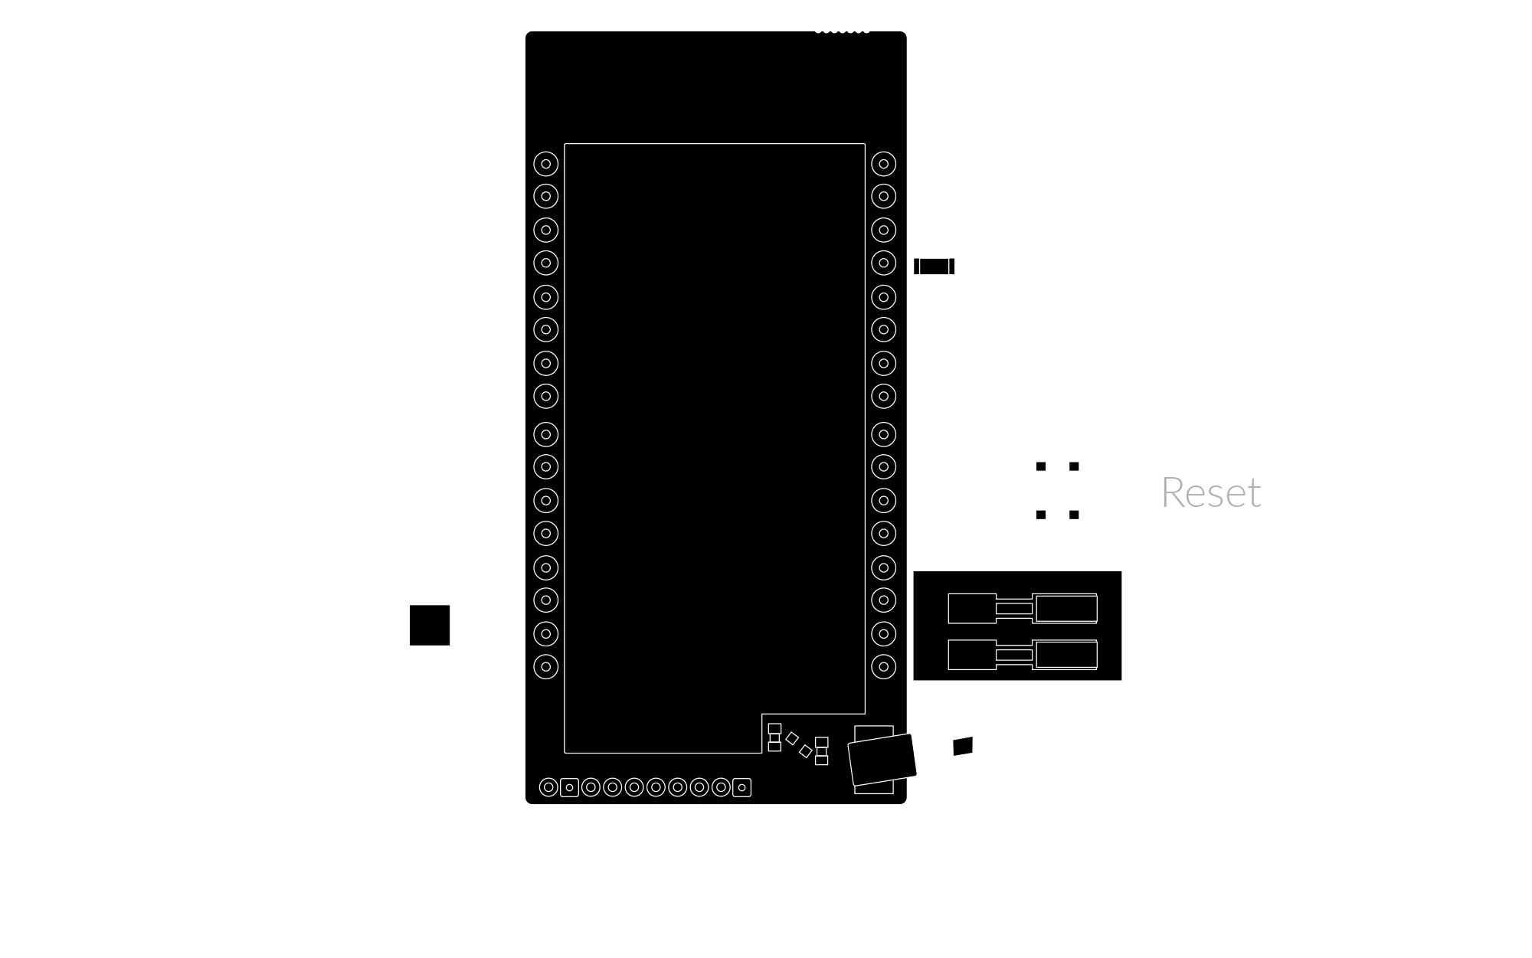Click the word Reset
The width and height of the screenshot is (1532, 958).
pyautogui.click(x=1210, y=492)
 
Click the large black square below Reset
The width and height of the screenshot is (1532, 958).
pyautogui.click(x=1193, y=868)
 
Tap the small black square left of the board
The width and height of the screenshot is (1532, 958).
pyautogui.click(x=430, y=625)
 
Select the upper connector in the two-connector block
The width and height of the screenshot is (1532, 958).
pyautogui.click(x=1023, y=609)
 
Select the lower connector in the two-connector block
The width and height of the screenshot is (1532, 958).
pyautogui.click(x=1023, y=655)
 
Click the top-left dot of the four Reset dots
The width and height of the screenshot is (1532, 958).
pyautogui.click(x=1041, y=466)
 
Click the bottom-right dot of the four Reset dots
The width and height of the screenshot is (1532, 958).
pyautogui.click(x=1074, y=515)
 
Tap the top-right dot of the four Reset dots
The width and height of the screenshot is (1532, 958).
pyautogui.click(x=1074, y=466)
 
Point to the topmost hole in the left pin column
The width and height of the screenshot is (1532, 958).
pyautogui.click(x=546, y=164)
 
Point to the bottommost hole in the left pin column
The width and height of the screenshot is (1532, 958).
pyautogui.click(x=546, y=667)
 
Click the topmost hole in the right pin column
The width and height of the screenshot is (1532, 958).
pyautogui.click(x=884, y=164)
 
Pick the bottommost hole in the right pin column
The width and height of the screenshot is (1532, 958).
pyautogui.click(x=884, y=667)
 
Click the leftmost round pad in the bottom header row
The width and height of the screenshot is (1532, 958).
pyautogui.click(x=548, y=787)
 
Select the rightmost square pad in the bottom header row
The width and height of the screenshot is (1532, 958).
pyautogui.click(x=741, y=787)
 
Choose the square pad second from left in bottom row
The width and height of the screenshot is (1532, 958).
pyautogui.click(x=569, y=787)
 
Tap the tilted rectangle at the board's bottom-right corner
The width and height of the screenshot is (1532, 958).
pyautogui.click(x=882, y=760)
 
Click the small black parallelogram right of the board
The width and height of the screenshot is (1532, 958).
pyautogui.click(x=963, y=747)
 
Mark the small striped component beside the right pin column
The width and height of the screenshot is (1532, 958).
pyautogui.click(x=934, y=266)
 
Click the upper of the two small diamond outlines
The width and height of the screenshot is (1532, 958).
pyautogui.click(x=792, y=738)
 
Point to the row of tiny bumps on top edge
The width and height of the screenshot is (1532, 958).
pyautogui.click(x=842, y=31)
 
